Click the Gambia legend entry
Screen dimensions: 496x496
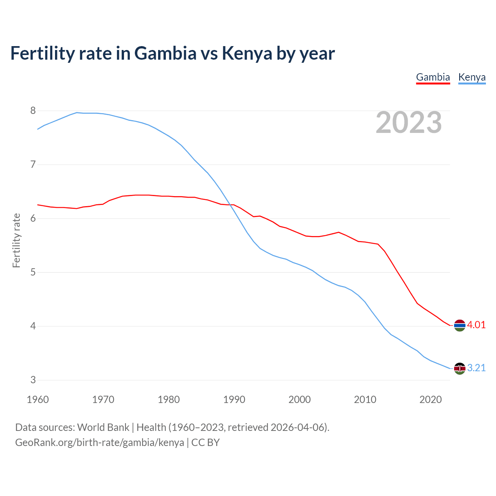[433, 77]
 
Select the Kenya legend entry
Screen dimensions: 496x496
[472, 77]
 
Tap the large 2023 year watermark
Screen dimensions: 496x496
[408, 122]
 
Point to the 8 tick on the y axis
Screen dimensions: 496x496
[33, 111]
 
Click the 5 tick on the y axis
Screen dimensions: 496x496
[33, 272]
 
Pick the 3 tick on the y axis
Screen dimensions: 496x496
[33, 380]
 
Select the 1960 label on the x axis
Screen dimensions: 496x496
[38, 400]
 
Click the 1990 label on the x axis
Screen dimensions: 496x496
[234, 400]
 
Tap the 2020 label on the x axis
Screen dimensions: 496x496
[431, 400]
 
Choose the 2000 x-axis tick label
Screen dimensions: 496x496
[300, 400]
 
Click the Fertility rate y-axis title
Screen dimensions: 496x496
[16, 240]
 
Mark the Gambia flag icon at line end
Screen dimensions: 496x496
[459, 325]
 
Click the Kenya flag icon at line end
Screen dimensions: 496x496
[459, 369]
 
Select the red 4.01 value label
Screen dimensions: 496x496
[476, 325]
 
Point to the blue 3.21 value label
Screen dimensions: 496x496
[476, 368]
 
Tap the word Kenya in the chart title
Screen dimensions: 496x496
[247, 53]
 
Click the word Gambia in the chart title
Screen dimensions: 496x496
[165, 53]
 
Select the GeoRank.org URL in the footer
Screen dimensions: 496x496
[100, 443]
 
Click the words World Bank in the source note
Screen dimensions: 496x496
[103, 427]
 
